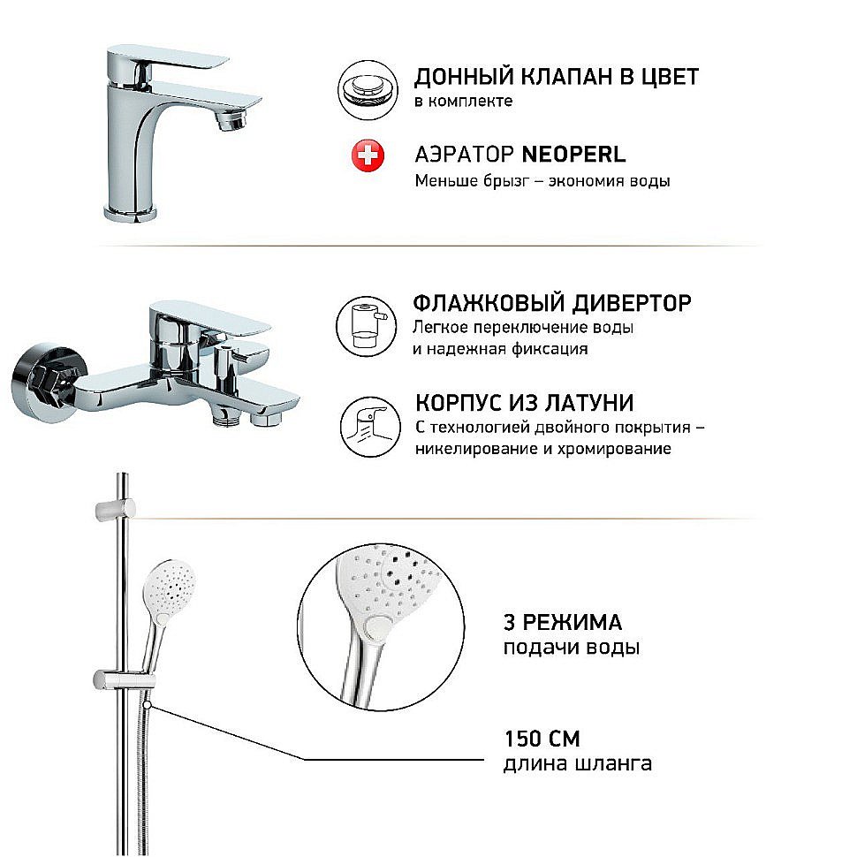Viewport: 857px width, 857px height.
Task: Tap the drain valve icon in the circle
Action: point(363,88)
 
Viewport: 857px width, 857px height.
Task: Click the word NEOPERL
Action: point(573,155)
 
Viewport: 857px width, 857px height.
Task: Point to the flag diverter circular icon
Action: point(363,322)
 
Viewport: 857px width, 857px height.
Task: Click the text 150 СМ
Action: point(542,739)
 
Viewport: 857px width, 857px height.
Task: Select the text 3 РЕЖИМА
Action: point(562,622)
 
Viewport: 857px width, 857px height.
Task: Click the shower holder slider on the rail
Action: point(123,681)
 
